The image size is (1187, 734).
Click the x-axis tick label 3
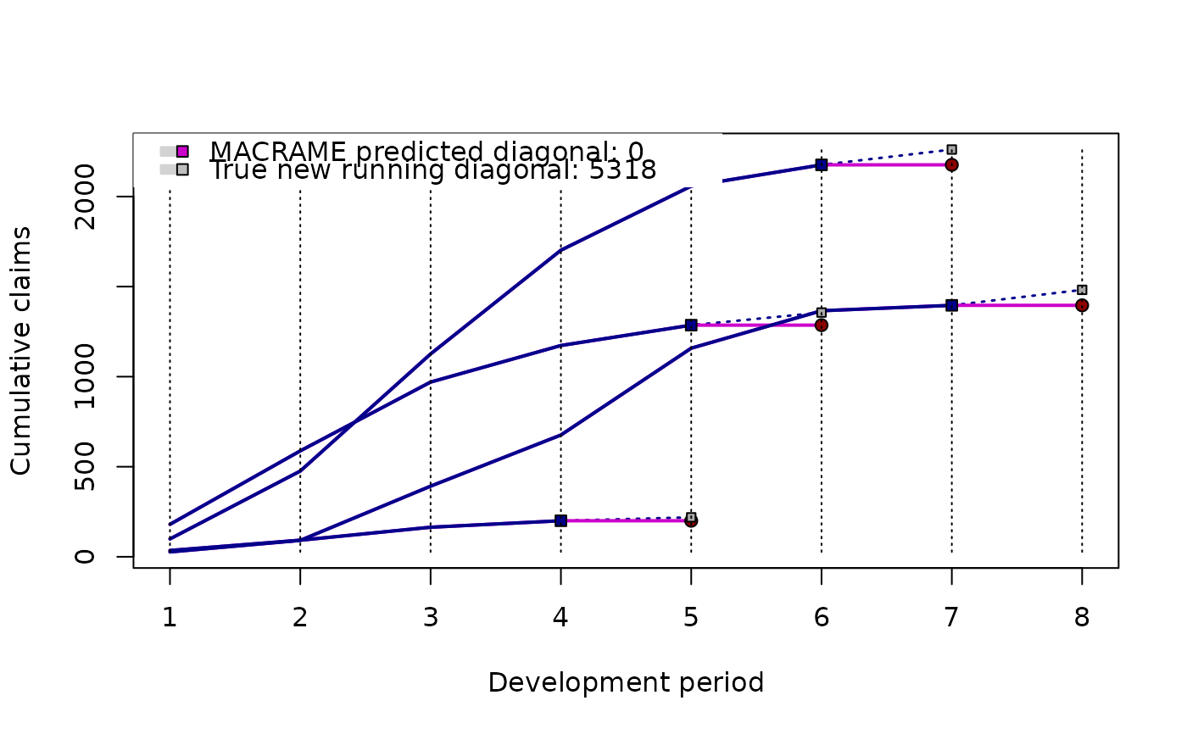pos(431,617)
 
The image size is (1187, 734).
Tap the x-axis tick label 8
pos(1082,617)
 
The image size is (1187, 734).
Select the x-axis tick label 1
pos(170,617)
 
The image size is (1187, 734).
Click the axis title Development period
pos(626,682)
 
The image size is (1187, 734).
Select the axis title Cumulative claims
pos(21,350)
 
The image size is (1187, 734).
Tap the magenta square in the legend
pos(182,152)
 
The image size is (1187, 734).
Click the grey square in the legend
pos(182,170)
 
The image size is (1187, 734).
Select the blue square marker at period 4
pos(560,520)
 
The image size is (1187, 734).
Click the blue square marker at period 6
pos(822,164)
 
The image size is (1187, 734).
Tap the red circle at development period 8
pos(1082,305)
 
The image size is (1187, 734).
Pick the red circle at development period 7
pos(951,164)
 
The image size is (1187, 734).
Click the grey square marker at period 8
pos(1082,290)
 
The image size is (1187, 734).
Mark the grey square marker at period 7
pos(951,149)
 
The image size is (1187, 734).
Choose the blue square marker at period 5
pos(691,325)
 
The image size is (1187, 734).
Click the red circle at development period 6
pos(822,325)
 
